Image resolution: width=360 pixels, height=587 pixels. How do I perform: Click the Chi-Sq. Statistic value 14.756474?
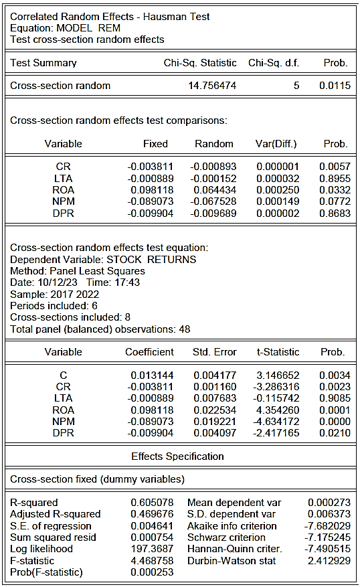click(x=212, y=86)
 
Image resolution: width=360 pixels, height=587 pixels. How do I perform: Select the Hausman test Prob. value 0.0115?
click(x=335, y=86)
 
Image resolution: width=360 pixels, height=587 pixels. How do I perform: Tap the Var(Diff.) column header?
click(x=276, y=144)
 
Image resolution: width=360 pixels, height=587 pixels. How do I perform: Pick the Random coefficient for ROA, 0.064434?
click(x=215, y=190)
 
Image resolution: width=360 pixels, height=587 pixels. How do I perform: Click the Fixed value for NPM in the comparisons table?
click(x=151, y=201)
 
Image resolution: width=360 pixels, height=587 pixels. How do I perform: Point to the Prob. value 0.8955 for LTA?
click(x=335, y=179)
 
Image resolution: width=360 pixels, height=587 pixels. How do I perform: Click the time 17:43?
click(x=127, y=282)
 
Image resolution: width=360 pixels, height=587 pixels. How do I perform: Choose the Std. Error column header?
click(x=214, y=352)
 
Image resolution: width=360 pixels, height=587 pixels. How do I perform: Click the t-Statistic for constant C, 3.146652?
click(x=278, y=375)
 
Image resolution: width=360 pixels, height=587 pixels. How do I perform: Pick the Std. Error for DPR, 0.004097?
click(x=215, y=433)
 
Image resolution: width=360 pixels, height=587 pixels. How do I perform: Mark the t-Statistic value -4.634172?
click(x=276, y=422)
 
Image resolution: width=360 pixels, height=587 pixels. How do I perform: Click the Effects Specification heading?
click(x=177, y=456)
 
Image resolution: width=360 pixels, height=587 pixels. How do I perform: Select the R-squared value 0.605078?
click(x=152, y=503)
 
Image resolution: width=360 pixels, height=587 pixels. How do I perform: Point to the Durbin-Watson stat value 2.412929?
click(x=329, y=561)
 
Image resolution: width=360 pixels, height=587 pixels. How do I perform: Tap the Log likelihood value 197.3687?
click(x=152, y=549)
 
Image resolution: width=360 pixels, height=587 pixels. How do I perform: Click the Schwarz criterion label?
click(x=226, y=537)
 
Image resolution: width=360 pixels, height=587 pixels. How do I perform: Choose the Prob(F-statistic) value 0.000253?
click(x=152, y=572)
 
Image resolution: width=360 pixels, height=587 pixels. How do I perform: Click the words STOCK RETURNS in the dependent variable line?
click(x=151, y=260)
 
